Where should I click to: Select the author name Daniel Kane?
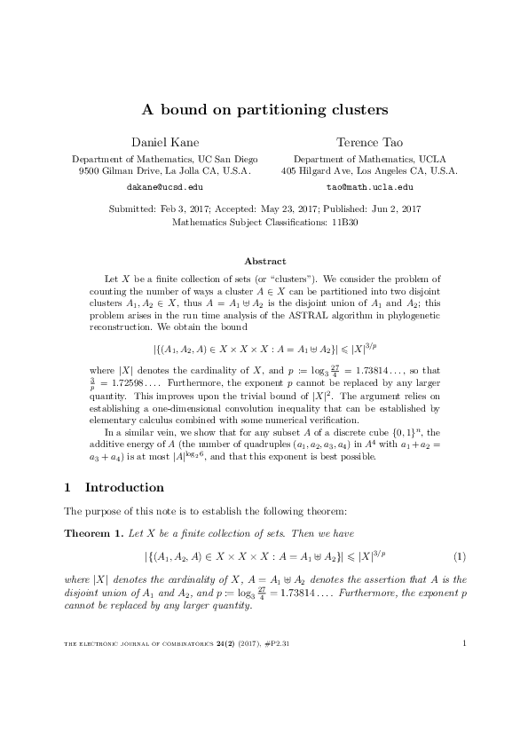pos(165,142)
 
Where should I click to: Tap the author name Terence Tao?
pos(369,142)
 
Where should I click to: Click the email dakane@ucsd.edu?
pos(165,188)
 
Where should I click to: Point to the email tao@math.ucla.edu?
pos(369,188)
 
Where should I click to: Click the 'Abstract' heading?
pos(264,261)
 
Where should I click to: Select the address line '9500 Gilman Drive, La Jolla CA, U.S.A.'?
pos(165,169)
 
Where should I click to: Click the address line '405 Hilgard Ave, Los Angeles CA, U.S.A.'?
pos(369,169)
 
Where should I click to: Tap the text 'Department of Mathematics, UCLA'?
pos(369,158)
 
